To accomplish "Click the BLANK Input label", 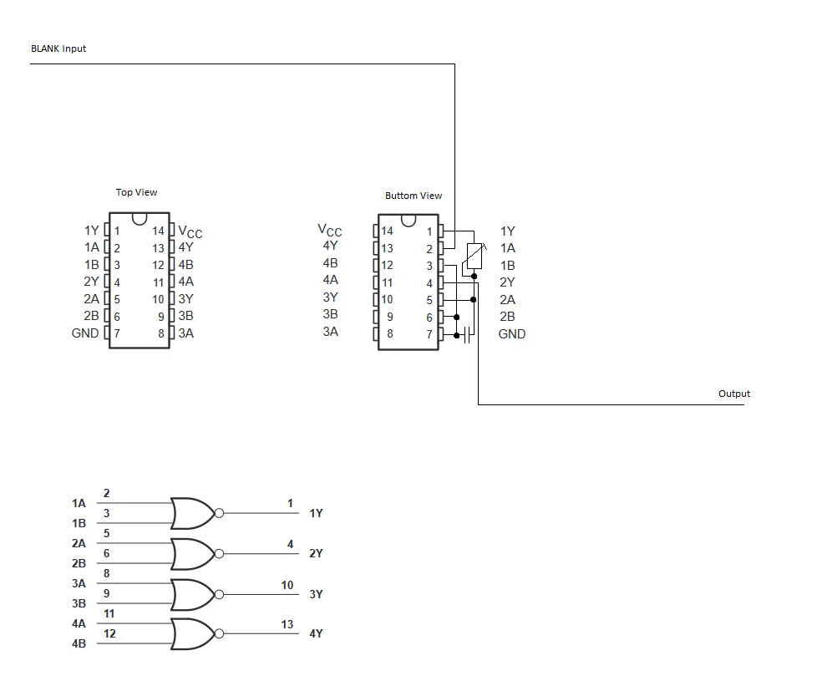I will pos(58,48).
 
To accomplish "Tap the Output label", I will pos(734,394).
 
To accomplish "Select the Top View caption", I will pos(136,192).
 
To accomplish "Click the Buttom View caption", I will pos(414,196).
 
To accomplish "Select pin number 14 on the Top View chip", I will pos(158,231).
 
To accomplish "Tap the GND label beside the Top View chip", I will pos(85,333).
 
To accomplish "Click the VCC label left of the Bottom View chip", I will pos(330,230).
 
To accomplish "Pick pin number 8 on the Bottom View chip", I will pos(389,334).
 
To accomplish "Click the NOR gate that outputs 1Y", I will pos(192,513).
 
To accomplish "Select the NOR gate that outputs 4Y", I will pos(192,634).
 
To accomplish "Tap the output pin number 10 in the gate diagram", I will pos(287,585).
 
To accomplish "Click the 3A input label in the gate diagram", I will pos(79,583).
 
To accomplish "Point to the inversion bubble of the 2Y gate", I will pos(219,554).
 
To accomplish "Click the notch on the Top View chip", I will pos(140,219).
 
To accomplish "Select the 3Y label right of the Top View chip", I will pos(185,299).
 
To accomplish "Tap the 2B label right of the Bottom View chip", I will pos(507,317).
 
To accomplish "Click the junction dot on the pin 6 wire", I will pos(456,318).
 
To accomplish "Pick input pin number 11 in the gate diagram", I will pos(109,613).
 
